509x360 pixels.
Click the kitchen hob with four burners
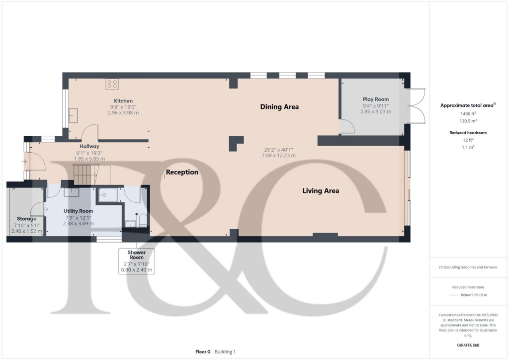point(112,84)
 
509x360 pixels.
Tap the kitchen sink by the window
point(73,115)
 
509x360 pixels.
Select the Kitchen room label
point(123,101)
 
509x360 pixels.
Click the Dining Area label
point(279,106)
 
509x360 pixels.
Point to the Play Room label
point(375,99)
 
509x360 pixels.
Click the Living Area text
point(321,190)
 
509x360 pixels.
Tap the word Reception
point(182,173)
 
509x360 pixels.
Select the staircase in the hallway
point(83,174)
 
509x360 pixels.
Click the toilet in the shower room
point(142,220)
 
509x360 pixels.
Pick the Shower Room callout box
point(136,261)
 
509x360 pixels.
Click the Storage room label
point(26,219)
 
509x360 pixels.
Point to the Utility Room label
point(78,211)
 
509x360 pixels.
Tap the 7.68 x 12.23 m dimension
point(279,156)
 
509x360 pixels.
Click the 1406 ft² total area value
point(468,114)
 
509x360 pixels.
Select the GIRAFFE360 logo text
point(468,345)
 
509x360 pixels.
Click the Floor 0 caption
point(203,352)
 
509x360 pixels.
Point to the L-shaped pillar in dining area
point(235,143)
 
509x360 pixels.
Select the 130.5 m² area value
point(468,121)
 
